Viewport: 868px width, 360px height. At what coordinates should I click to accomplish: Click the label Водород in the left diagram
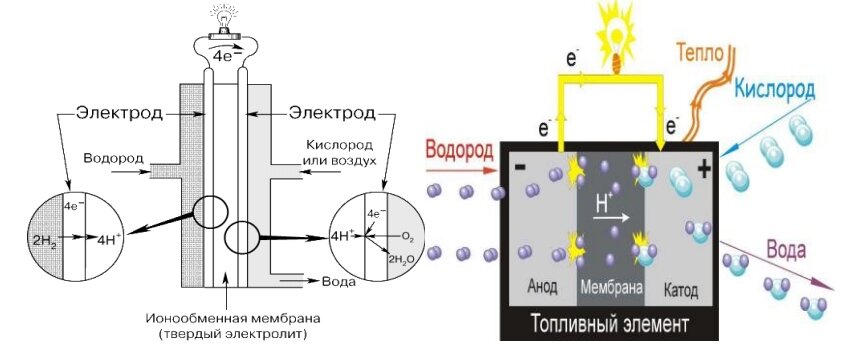point(113,159)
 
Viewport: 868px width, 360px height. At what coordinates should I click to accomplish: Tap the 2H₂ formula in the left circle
point(41,240)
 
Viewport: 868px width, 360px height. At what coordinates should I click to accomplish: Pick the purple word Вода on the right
point(786,248)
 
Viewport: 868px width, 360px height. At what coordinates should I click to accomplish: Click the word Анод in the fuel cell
point(540,289)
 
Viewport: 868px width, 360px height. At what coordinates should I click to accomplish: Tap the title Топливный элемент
point(610,324)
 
